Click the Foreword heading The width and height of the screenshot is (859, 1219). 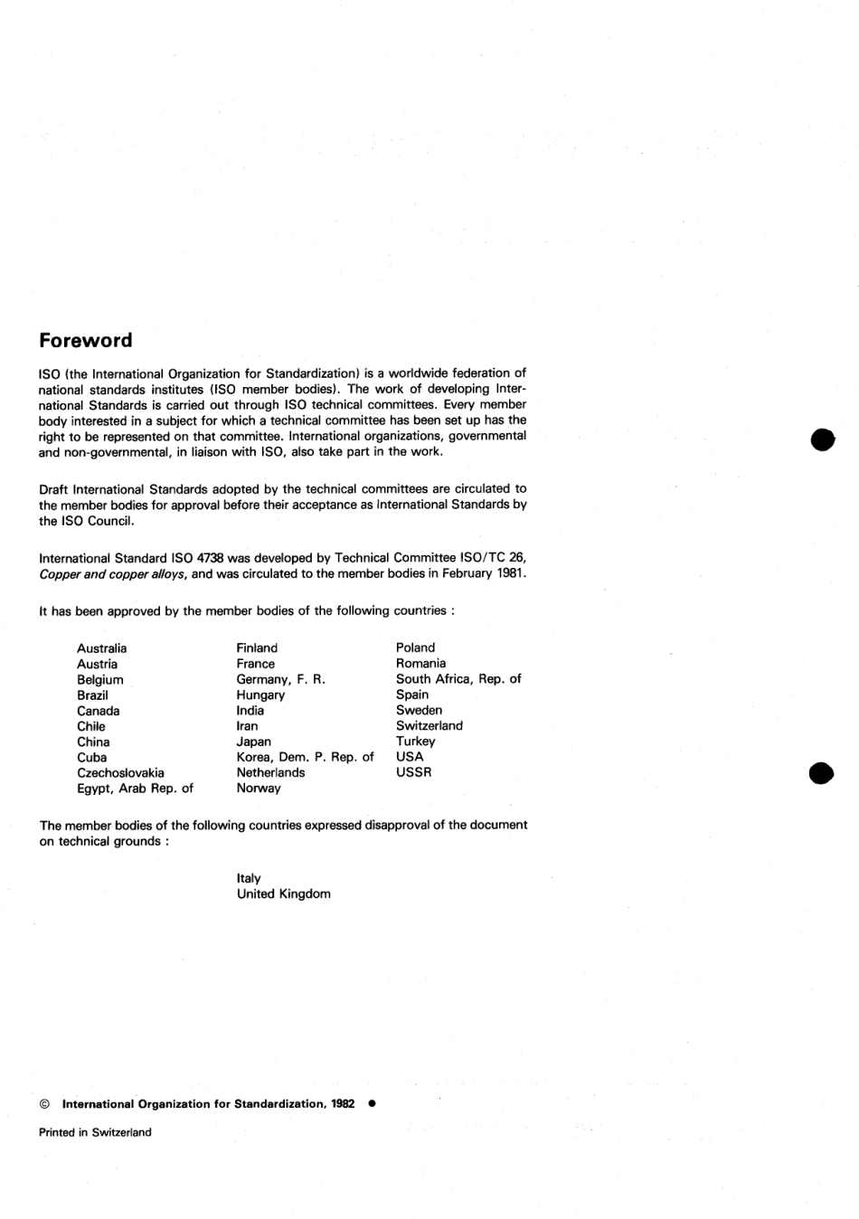pyautogui.click(x=85, y=341)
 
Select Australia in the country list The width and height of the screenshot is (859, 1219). pyautogui.click(x=101, y=648)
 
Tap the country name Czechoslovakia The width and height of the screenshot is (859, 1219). pyautogui.click(x=120, y=773)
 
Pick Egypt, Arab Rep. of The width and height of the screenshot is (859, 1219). pyautogui.click(x=135, y=789)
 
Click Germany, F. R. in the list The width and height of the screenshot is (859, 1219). pyautogui.click(x=280, y=679)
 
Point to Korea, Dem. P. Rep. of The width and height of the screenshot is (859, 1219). pyautogui.click(x=305, y=757)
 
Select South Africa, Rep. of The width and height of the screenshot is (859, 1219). pyautogui.click(x=458, y=679)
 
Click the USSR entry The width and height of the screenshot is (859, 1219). pyautogui.click(x=413, y=772)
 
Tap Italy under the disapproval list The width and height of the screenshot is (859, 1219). pyautogui.click(x=249, y=878)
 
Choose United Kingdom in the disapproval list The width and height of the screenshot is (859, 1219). pyautogui.click(x=283, y=894)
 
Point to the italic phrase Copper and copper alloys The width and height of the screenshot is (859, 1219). pyautogui.click(x=113, y=574)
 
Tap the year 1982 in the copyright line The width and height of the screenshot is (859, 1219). pyautogui.click(x=343, y=1104)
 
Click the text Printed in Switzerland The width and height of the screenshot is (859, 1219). pyautogui.click(x=95, y=1132)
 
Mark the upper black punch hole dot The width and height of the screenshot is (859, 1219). pyautogui.click(x=821, y=439)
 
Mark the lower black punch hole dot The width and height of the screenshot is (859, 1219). pyautogui.click(x=821, y=773)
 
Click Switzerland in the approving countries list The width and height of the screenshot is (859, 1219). pyautogui.click(x=429, y=726)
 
